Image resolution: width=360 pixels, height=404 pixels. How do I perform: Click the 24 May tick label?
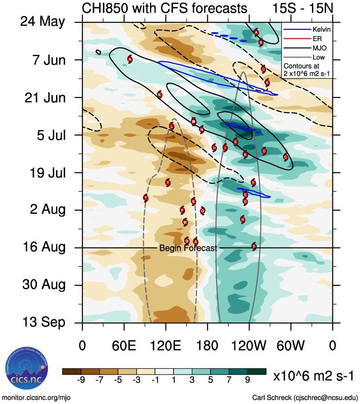coord(42,22)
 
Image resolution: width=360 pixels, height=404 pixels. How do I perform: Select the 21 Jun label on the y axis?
coord(44,97)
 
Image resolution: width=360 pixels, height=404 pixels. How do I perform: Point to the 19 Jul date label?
coord(44,172)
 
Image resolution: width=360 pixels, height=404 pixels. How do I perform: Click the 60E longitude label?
coord(124,346)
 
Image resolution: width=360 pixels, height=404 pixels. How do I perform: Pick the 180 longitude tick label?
coord(207,346)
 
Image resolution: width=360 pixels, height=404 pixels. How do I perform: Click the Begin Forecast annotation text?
coord(188,249)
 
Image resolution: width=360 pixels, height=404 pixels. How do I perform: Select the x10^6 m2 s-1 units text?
coord(315,376)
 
